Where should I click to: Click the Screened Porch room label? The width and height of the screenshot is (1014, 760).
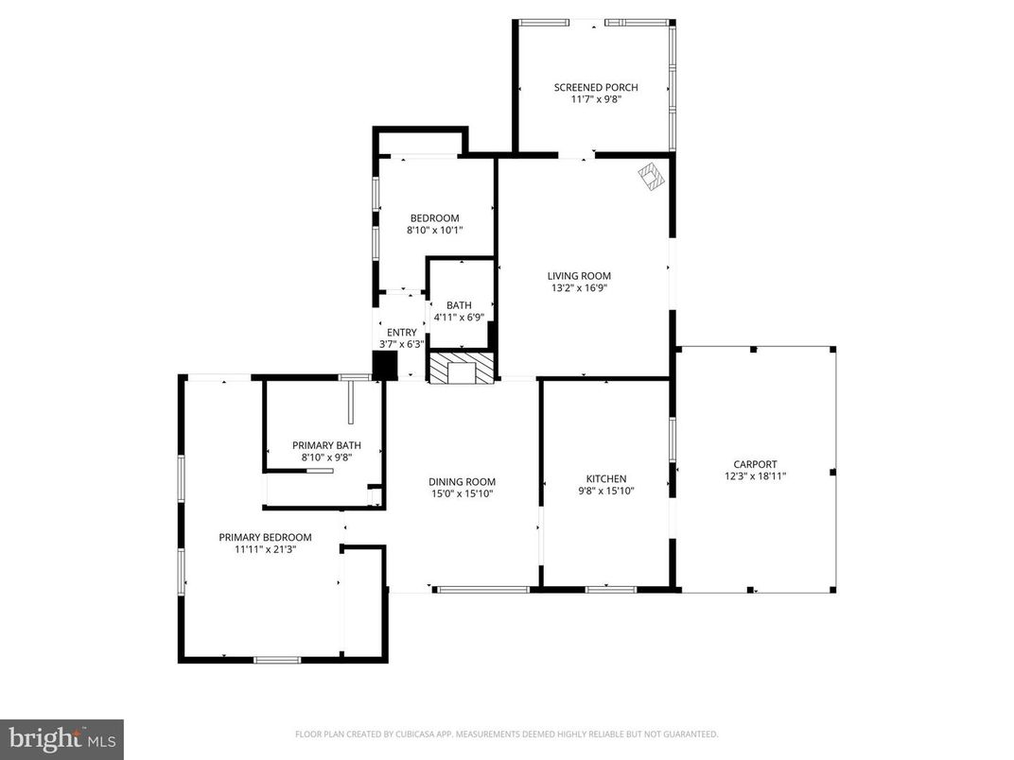[596, 87]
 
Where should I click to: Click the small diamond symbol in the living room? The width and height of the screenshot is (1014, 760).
[650, 176]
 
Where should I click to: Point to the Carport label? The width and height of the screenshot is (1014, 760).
[755, 464]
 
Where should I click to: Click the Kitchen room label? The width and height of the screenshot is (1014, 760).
[605, 479]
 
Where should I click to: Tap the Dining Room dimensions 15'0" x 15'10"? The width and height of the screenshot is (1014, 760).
[463, 493]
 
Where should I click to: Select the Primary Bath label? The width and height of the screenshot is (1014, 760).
[326, 445]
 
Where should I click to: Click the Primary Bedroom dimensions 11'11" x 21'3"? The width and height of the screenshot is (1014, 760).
[265, 549]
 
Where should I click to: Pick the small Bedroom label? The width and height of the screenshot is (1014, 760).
[434, 217]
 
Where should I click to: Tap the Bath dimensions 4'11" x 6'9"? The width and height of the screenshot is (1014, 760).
[459, 318]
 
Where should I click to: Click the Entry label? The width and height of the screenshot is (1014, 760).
[401, 332]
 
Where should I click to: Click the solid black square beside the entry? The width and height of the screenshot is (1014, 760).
[384, 366]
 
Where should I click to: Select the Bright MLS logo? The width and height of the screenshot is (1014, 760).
[61, 738]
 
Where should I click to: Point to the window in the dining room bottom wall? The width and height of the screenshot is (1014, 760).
[482, 590]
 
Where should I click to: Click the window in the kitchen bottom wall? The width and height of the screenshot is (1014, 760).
[610, 590]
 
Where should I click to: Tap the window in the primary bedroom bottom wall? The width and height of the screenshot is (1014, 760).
[277, 659]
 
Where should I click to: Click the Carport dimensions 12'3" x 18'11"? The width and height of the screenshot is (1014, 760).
[755, 476]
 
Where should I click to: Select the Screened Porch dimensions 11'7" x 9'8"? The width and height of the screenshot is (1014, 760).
[596, 99]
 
